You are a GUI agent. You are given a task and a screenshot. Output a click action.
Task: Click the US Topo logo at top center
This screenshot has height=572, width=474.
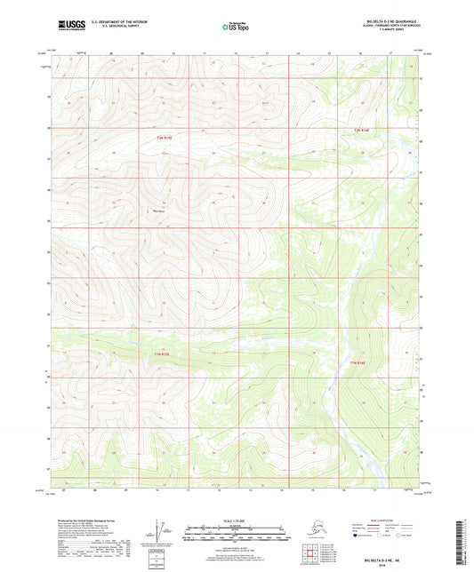point(237,27)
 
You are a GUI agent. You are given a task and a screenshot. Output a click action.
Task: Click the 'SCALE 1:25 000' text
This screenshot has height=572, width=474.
point(237,520)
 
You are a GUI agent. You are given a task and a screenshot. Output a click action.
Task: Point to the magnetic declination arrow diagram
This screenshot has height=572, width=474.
point(157,531)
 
